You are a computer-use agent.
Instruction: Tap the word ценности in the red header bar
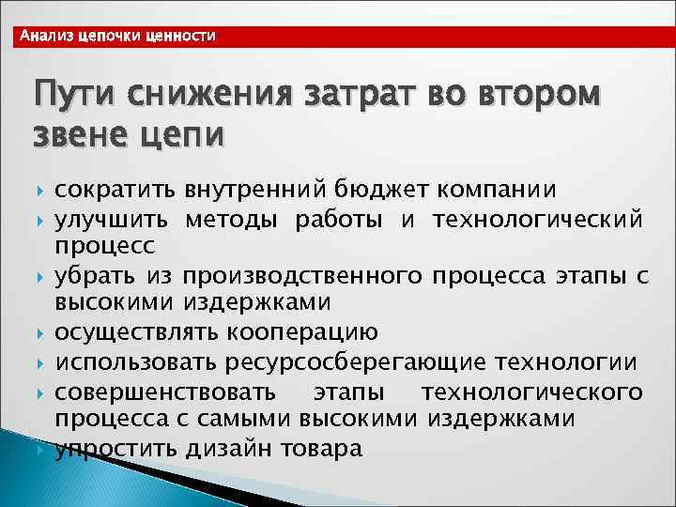[x=181, y=36]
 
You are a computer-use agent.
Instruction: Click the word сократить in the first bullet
[x=114, y=192]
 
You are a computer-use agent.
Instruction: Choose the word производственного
[x=300, y=277]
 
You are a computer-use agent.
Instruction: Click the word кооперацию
[x=305, y=333]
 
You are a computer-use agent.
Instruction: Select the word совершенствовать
[x=165, y=391]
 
